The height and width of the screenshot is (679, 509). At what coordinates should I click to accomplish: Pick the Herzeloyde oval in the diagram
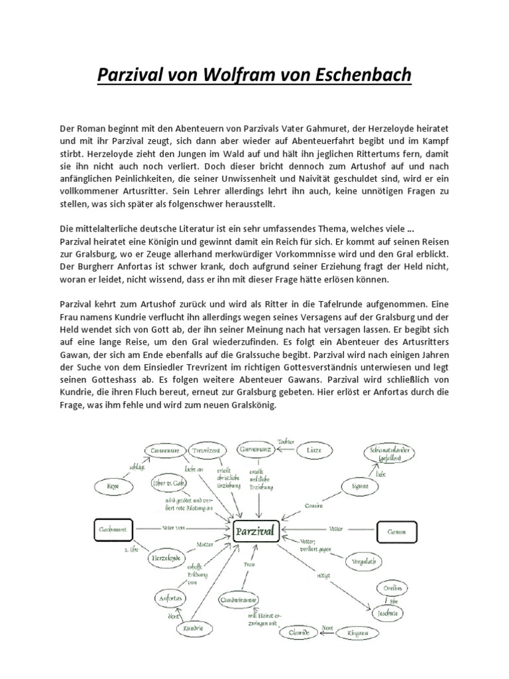click(x=166, y=558)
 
